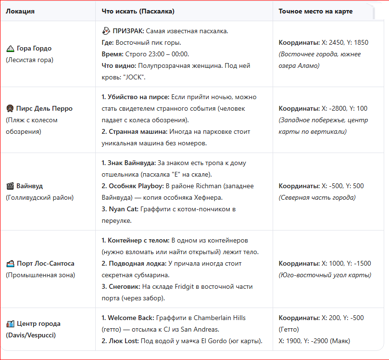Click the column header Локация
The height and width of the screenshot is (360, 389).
20,11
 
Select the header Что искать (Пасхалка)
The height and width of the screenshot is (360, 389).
138,11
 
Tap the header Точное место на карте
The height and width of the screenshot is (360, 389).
315,11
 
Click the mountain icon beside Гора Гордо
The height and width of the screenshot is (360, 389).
10,49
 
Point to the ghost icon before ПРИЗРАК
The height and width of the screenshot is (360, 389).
106,31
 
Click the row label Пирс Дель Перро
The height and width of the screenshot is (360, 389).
44,109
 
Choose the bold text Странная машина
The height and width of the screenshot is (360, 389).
136,131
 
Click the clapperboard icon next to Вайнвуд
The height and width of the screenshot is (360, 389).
10,186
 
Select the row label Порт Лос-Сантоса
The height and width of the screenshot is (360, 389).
45,264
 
